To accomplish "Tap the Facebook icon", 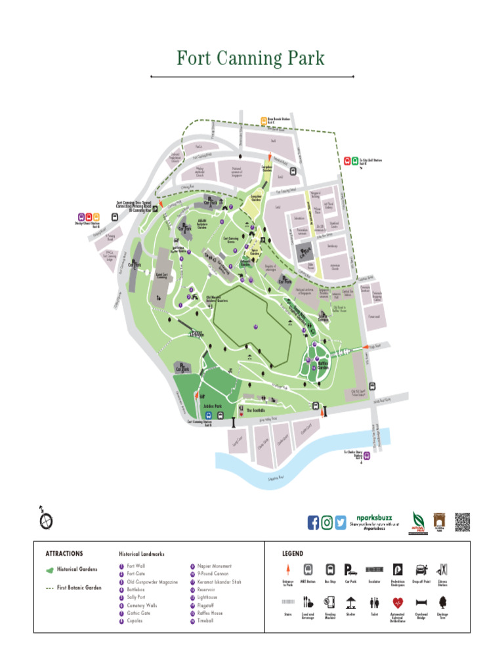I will point(313,522).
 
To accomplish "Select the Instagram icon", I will point(327,522).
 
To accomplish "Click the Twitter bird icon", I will point(340,522).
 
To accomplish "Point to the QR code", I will point(463,521).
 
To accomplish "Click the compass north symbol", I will point(45,519).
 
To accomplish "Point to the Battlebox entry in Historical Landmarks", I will point(136,590).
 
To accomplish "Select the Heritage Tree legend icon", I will point(442,602).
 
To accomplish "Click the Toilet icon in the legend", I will point(375,602).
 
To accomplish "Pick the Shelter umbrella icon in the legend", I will point(352,602).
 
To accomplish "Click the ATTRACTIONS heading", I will point(64,553).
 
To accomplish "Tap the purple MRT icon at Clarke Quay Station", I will point(367,455).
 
